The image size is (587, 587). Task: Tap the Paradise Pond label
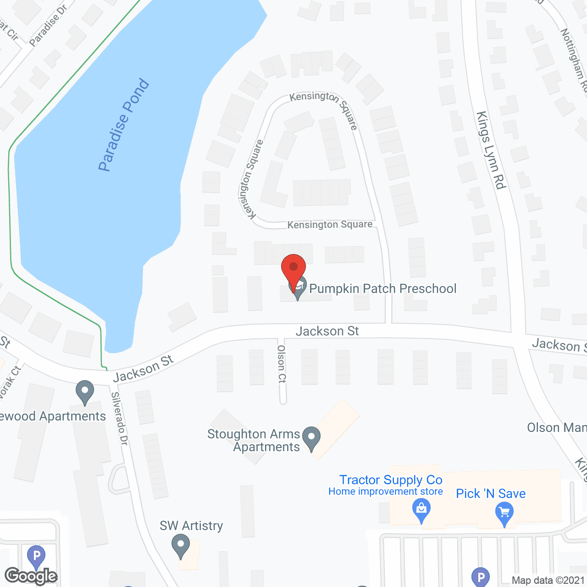124,125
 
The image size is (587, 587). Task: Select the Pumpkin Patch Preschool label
382,288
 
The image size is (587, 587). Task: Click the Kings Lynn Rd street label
491,150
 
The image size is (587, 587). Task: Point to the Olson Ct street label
282,364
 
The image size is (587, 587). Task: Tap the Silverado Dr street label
120,418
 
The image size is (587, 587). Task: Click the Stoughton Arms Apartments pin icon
312,438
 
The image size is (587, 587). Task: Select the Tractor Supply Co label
391,480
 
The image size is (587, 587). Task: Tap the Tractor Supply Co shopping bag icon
421,510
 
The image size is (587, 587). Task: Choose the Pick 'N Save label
491,493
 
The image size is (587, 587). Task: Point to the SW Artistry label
191,526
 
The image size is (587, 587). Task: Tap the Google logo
31,576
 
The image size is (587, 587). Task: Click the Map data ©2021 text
548,580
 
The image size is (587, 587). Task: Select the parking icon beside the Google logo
36,556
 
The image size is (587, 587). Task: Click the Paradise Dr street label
48,26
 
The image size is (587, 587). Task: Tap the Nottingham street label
574,60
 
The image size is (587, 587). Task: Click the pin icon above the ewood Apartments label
85,392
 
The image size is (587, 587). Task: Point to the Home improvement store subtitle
386,492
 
